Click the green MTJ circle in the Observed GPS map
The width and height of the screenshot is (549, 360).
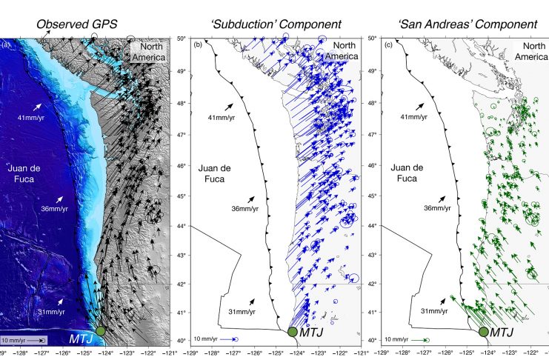tap(102, 330)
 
